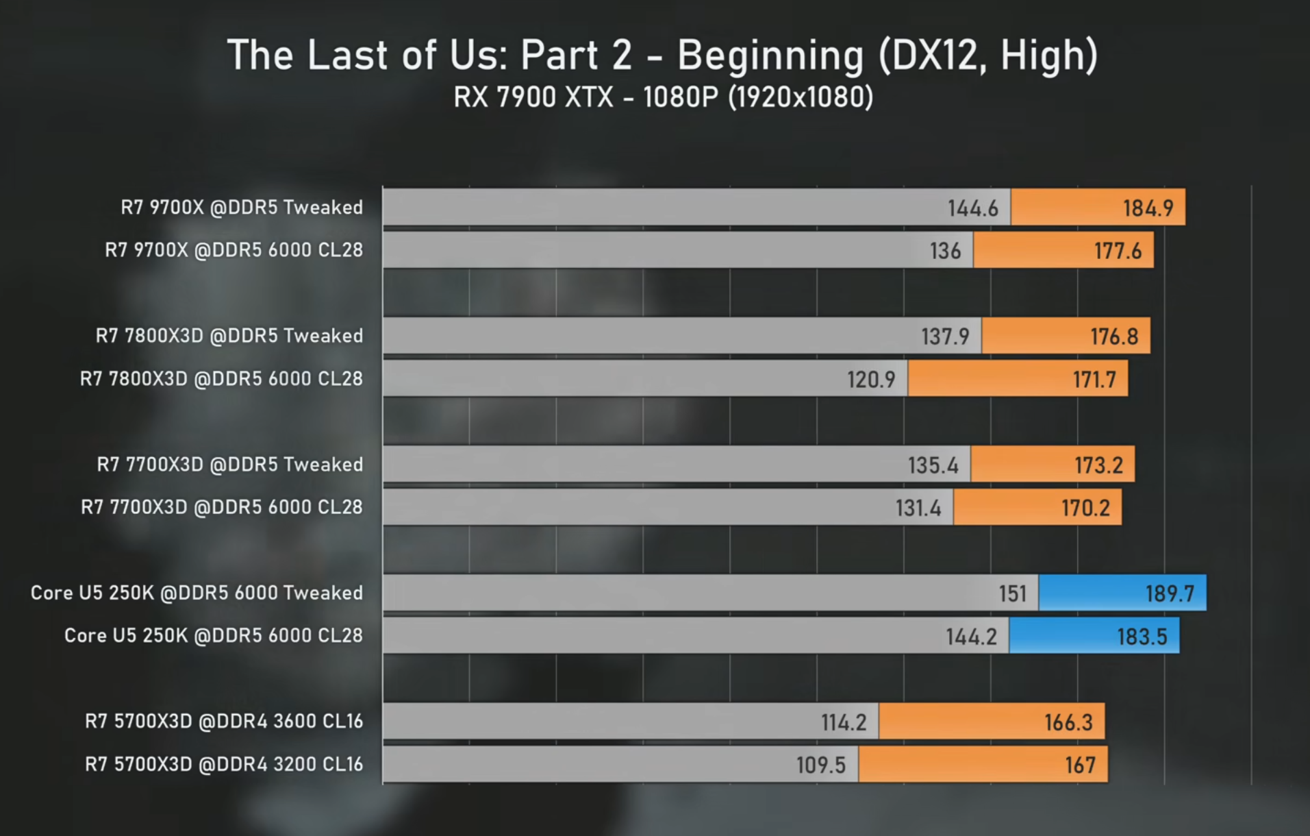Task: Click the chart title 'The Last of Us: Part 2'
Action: (x=429, y=55)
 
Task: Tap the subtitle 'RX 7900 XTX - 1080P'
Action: (x=586, y=97)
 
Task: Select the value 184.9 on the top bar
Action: (x=1148, y=208)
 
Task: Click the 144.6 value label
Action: (x=972, y=208)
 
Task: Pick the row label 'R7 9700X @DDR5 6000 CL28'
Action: (x=234, y=250)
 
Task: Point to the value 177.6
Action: (x=1117, y=251)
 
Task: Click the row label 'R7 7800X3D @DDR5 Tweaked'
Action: (x=229, y=336)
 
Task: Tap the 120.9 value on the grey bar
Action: (x=870, y=379)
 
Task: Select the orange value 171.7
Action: (x=1094, y=379)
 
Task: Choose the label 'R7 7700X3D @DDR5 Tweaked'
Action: (x=230, y=465)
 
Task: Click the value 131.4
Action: (x=918, y=508)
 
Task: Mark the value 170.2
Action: (x=1085, y=508)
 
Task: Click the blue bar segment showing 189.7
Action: (x=1122, y=593)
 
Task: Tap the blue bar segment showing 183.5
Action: (x=1094, y=636)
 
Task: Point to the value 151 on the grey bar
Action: (x=1012, y=593)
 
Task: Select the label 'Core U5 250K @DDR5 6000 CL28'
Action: (x=214, y=636)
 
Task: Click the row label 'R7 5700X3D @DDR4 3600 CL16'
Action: (x=224, y=722)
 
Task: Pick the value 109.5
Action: (x=820, y=765)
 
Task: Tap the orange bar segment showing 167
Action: (x=983, y=765)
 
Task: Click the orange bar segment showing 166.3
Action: (x=992, y=722)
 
